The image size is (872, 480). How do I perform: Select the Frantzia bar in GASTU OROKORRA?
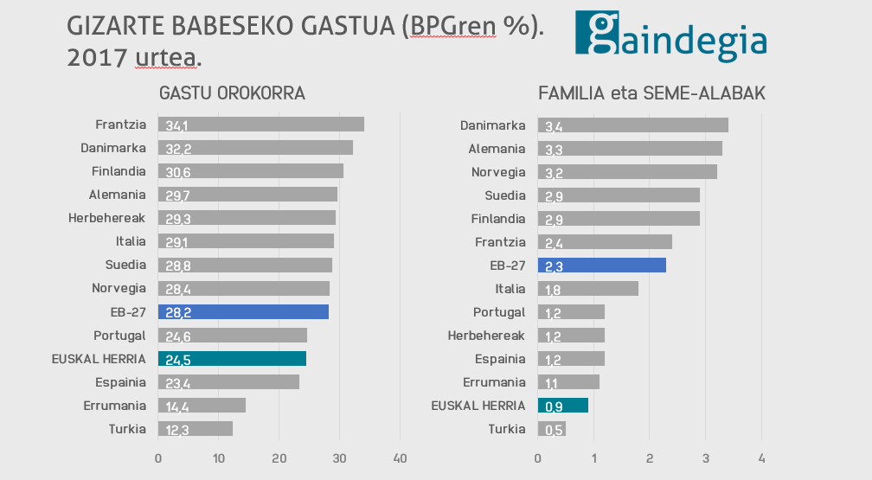260,125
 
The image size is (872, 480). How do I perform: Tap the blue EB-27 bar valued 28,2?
243,311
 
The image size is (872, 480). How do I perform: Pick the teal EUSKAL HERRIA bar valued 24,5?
232,358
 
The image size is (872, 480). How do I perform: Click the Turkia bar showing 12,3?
196,428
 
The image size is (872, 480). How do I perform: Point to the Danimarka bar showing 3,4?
632,125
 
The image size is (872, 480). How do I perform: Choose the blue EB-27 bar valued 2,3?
602,266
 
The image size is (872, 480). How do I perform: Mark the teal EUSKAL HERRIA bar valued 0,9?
562,405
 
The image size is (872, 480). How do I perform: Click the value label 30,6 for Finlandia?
178,172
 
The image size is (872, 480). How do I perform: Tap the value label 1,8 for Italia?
554,290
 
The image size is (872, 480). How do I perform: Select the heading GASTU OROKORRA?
233,93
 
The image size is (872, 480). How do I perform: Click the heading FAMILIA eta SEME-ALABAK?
651,93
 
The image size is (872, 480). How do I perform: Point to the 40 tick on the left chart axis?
401,458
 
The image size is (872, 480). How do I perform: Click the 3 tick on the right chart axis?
706,458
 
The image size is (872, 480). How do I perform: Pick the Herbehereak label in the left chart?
107,218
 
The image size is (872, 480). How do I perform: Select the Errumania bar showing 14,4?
202,405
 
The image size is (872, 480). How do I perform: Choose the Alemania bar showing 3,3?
630,149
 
